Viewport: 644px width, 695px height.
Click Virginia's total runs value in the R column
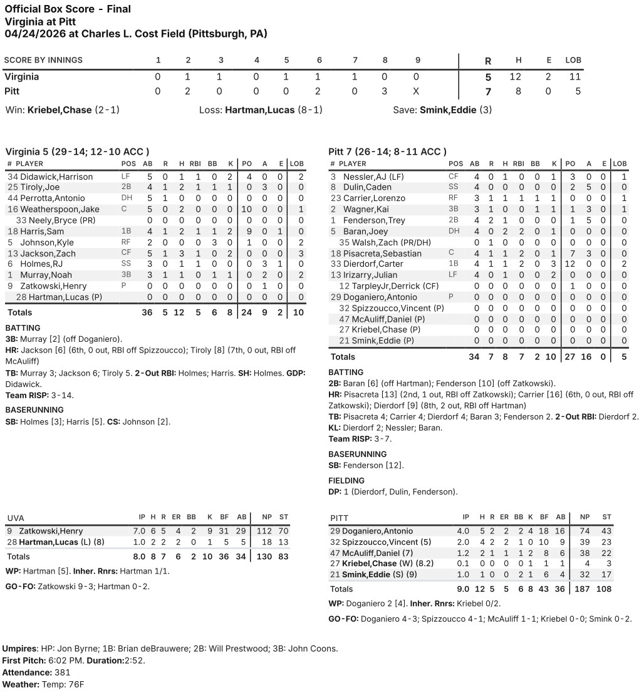click(x=488, y=78)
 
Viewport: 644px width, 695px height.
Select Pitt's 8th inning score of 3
click(x=385, y=91)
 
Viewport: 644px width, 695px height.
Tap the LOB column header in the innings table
click(x=573, y=60)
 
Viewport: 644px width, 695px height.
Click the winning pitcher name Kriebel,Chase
click(x=60, y=110)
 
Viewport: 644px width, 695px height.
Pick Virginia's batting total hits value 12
click(x=179, y=312)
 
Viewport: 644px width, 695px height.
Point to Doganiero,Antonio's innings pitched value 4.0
click(x=465, y=532)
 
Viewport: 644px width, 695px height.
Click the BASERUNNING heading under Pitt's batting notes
click(x=357, y=454)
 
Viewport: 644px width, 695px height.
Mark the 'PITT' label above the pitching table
click(x=340, y=518)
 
